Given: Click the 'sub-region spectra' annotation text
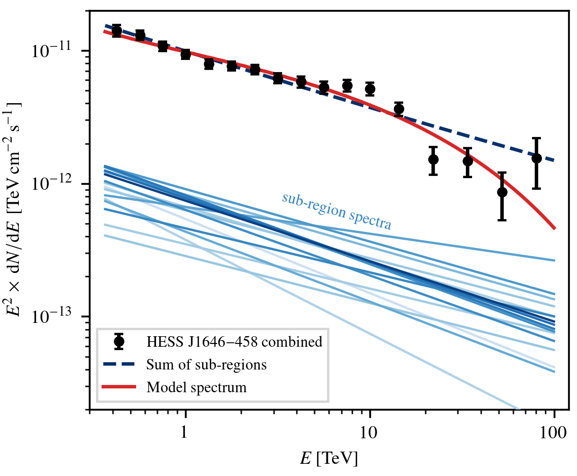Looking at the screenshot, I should pyautogui.click(x=337, y=211).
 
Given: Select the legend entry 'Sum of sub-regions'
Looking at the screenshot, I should pyautogui.click(x=207, y=364).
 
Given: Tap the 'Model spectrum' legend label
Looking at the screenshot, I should pyautogui.click(x=196, y=387).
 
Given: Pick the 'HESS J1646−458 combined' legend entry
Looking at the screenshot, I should pyautogui.click(x=234, y=342).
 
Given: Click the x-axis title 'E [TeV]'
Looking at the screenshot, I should pyautogui.click(x=329, y=459).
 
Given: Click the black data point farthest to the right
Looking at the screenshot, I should pyautogui.click(x=536, y=158).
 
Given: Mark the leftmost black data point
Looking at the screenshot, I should pyautogui.click(x=117, y=31).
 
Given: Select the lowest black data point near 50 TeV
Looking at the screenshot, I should pyautogui.click(x=502, y=192).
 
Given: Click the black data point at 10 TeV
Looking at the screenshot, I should pyautogui.click(x=370, y=89).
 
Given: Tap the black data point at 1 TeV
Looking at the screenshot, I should pyautogui.click(x=185, y=54).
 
